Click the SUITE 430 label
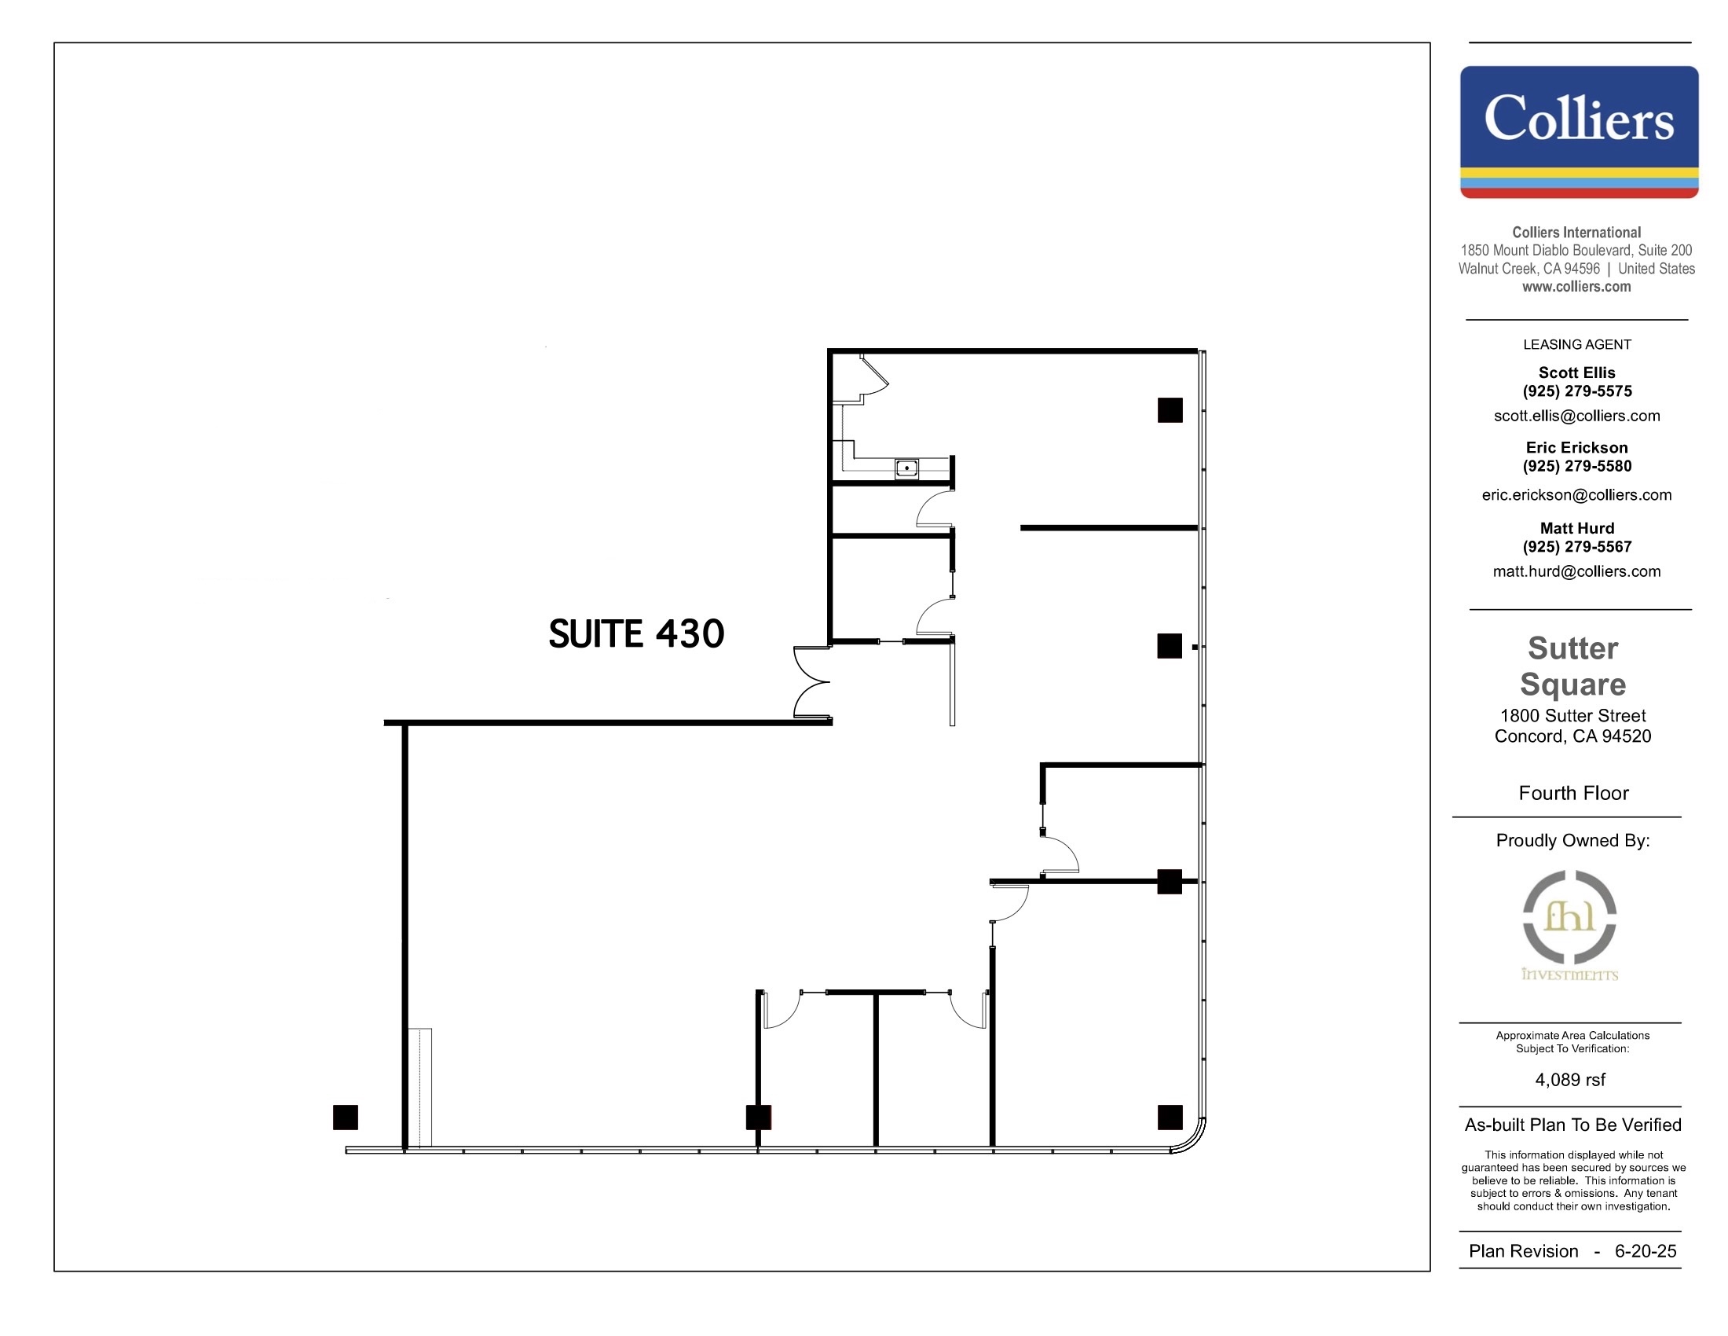coord(636,634)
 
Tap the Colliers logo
coord(1579,131)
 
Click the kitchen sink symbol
coord(906,468)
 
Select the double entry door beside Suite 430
coord(811,682)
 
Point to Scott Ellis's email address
coord(1576,416)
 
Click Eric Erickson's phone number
coord(1576,466)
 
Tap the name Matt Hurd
coord(1576,528)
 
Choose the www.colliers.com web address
coord(1576,287)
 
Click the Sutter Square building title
coord(1573,666)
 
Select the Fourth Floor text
coord(1573,793)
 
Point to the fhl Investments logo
coord(1570,925)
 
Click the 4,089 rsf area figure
coord(1571,1080)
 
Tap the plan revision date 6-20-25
coord(1645,1250)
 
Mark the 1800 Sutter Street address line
coord(1573,715)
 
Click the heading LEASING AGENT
coord(1576,344)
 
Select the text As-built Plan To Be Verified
coord(1572,1125)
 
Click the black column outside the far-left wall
coord(345,1117)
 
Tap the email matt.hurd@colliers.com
coord(1576,571)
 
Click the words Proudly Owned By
coord(1572,841)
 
